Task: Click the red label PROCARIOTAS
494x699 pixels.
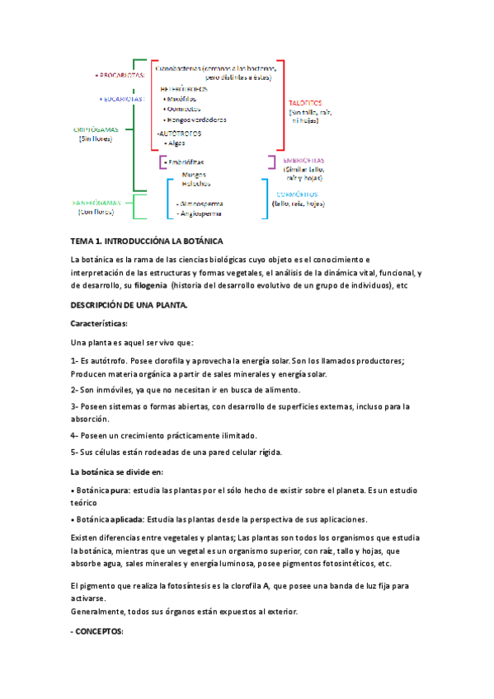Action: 122,75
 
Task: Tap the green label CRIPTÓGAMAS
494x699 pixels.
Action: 96,129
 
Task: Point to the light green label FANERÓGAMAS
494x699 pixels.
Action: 96,202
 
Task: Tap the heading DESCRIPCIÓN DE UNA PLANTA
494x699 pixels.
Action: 129,305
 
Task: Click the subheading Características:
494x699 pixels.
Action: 99,324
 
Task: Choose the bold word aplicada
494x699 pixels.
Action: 128,519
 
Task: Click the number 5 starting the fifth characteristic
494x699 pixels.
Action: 74,452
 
